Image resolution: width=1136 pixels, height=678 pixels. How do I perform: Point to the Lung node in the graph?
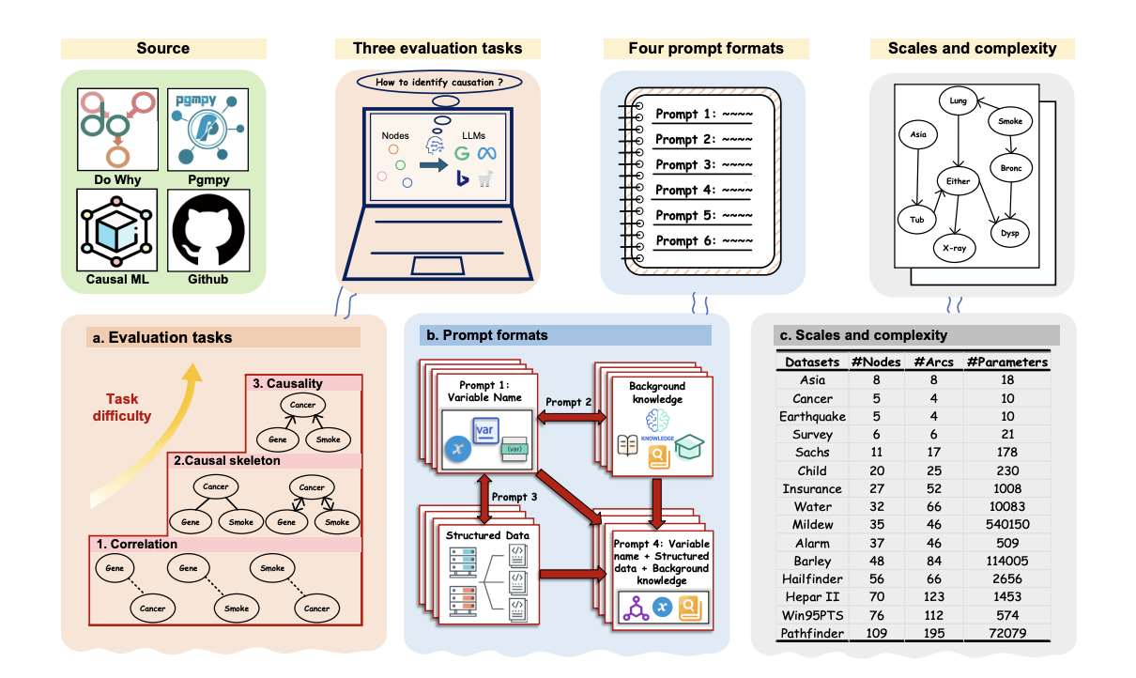pos(958,100)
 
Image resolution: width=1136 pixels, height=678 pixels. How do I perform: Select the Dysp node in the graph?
pos(1010,232)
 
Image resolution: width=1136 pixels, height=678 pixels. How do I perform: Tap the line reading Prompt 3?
pos(703,164)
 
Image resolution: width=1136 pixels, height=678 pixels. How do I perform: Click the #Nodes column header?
pos(874,362)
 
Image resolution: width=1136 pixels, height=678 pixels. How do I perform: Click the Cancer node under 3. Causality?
pos(301,406)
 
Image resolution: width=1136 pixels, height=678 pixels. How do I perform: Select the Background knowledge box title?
pos(656,393)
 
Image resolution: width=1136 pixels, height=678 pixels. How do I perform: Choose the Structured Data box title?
pos(487,535)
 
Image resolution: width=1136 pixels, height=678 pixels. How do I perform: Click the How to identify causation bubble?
pos(438,83)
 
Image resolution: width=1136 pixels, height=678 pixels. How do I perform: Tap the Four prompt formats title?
pos(705,49)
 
